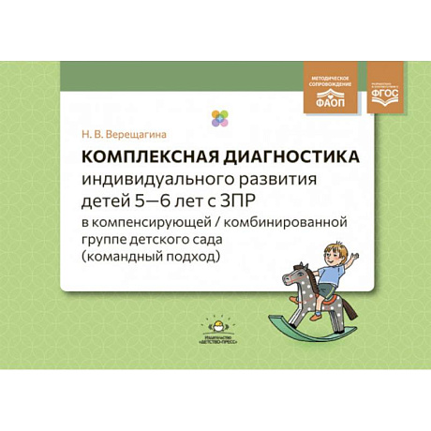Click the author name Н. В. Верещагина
(118, 135)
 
